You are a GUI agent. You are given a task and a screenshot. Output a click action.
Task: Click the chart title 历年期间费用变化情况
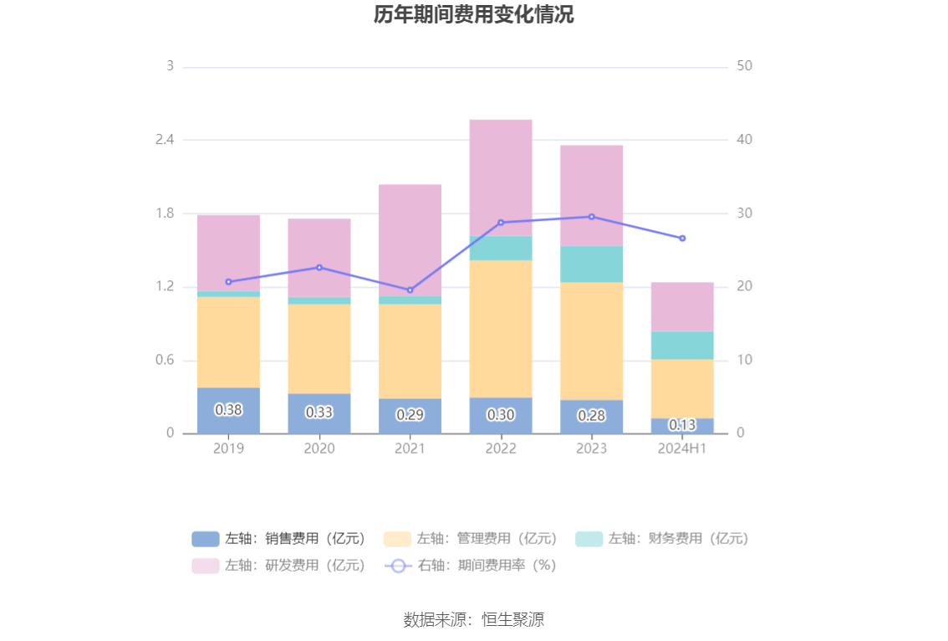coord(473,15)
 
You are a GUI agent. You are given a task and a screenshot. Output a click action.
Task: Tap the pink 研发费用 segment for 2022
coord(501,177)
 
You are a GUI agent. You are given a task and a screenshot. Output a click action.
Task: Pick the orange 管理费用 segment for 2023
coord(591,341)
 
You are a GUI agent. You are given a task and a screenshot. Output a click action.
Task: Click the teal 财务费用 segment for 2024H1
coord(682,345)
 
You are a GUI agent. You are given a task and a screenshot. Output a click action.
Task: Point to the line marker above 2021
coord(410,290)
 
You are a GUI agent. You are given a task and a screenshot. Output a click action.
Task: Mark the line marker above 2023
coord(591,217)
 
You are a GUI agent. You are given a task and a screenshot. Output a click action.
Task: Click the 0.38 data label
coord(228,410)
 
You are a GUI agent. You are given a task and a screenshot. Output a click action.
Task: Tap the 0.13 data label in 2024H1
coord(682,425)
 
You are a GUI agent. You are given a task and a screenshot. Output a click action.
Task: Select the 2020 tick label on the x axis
coord(319,449)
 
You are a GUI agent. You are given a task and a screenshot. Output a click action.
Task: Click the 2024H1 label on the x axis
coord(682,449)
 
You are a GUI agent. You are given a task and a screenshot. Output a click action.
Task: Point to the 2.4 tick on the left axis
coord(164,140)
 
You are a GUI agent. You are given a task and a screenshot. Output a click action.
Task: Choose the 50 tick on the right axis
coord(745,66)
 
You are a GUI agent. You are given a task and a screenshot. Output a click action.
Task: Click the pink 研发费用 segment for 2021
coord(410,240)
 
